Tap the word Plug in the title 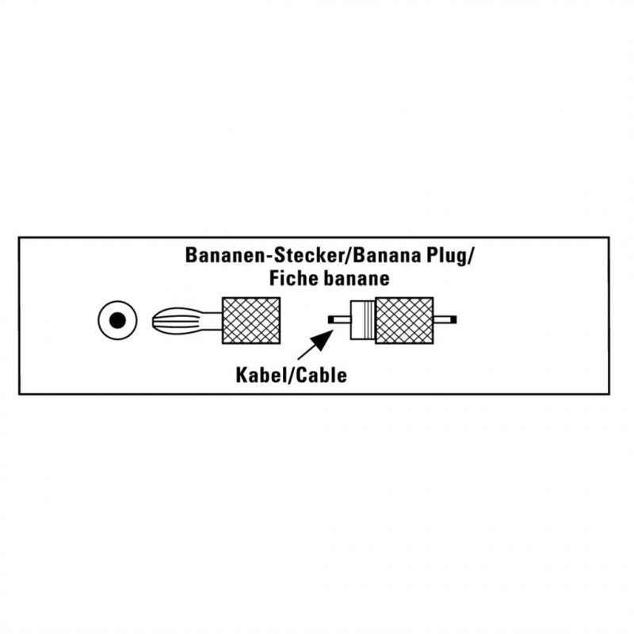coord(453,257)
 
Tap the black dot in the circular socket coord(116,320)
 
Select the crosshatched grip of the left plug coord(252,320)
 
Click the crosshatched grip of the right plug coord(405,320)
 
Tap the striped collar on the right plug coord(362,320)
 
